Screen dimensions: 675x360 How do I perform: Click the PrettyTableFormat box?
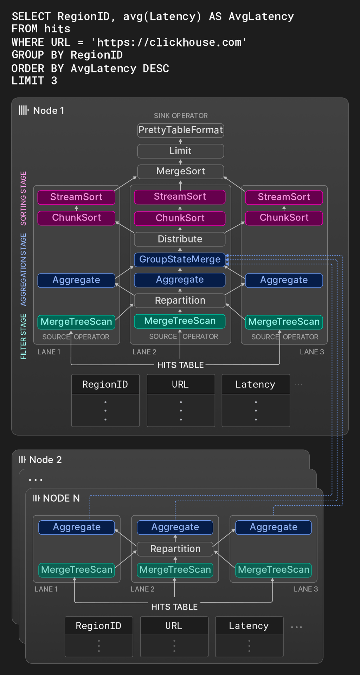click(x=180, y=130)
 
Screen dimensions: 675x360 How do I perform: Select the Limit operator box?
click(x=180, y=151)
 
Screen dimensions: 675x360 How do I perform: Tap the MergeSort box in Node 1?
click(x=180, y=171)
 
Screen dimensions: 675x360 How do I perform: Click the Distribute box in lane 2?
click(x=180, y=239)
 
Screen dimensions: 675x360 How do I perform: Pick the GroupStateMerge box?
click(x=180, y=259)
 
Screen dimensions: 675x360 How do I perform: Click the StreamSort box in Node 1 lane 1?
click(x=76, y=197)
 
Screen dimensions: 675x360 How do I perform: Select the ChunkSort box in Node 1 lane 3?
click(x=284, y=218)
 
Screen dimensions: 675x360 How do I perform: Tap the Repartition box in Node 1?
click(x=180, y=301)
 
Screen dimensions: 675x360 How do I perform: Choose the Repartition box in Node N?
click(x=175, y=549)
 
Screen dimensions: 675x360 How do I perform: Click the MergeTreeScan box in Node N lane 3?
click(x=273, y=570)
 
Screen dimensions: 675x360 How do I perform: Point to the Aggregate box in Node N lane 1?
click(x=77, y=527)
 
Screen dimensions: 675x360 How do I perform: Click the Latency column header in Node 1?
click(x=256, y=385)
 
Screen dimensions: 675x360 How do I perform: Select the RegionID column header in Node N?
click(x=99, y=626)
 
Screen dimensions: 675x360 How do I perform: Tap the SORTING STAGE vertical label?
click(x=24, y=198)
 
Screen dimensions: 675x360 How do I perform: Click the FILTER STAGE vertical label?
click(x=24, y=336)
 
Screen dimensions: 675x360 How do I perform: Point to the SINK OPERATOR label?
click(x=181, y=116)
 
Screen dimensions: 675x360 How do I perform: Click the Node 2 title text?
click(x=45, y=460)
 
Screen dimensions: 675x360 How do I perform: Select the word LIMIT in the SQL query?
click(x=28, y=81)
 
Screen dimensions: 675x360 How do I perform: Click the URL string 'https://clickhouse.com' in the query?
click(x=169, y=43)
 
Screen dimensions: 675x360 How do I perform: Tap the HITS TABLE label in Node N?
click(x=174, y=607)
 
